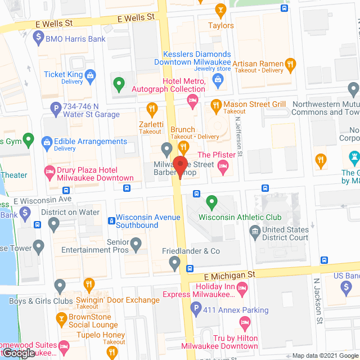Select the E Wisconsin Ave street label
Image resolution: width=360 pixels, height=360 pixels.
(43, 200)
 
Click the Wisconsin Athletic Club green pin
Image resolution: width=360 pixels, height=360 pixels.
(211, 201)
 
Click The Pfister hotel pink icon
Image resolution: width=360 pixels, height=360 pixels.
(223, 165)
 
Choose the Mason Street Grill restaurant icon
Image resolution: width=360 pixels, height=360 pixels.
(215, 105)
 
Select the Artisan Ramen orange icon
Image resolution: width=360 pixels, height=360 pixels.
(290, 64)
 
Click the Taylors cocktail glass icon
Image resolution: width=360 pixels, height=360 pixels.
(220, 10)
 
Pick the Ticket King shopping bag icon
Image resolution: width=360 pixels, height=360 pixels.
(90, 74)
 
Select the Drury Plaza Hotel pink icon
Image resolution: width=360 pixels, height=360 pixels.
(49, 170)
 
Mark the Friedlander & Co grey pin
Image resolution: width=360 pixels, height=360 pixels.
(175, 262)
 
